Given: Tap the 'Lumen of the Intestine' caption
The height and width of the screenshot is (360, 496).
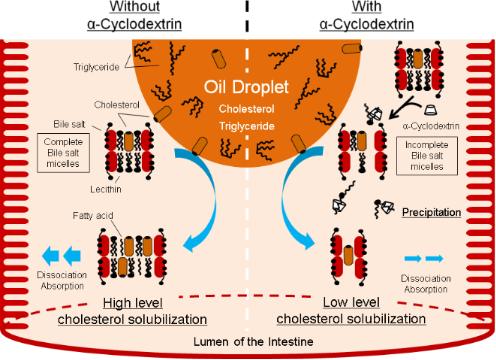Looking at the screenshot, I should pos(249,342).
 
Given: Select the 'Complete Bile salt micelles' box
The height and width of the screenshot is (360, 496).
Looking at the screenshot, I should pos(66,176).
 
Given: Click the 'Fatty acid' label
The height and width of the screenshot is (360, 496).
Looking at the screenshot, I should pos(118,214).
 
